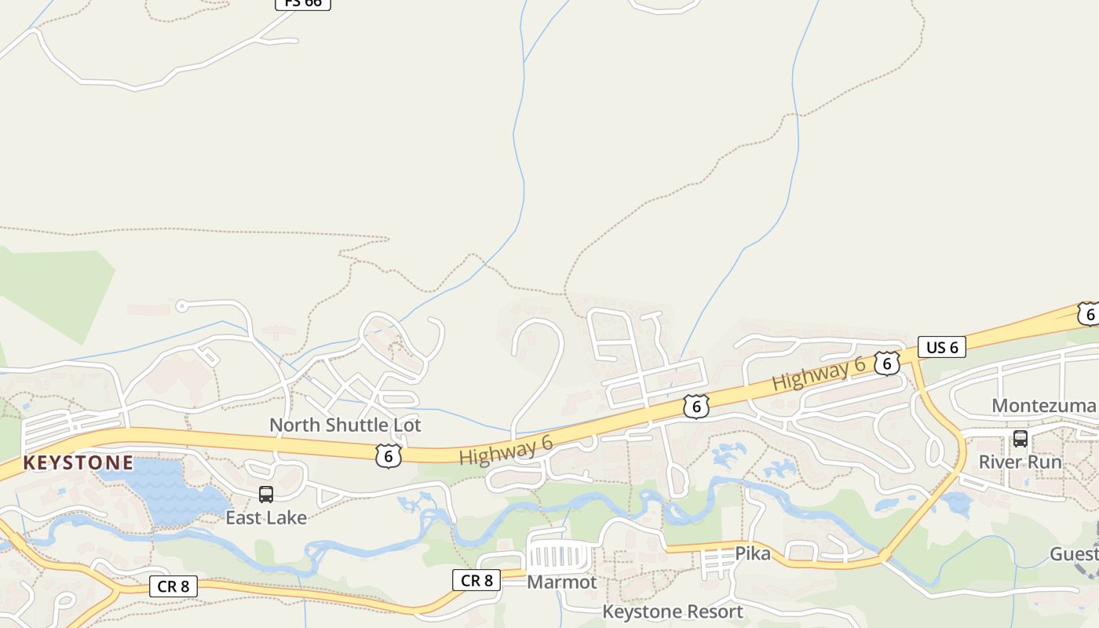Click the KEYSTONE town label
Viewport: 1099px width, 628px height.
point(78,462)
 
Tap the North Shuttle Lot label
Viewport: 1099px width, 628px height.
point(345,425)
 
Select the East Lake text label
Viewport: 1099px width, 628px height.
point(266,517)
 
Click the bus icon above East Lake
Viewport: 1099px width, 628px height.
point(266,495)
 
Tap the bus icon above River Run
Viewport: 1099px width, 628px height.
point(1020,439)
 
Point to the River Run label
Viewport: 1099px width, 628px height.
point(1020,462)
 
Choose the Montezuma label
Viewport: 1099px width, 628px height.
point(1043,405)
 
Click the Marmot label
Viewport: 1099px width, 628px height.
point(562,582)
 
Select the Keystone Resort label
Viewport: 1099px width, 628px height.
point(673,611)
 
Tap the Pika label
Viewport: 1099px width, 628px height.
point(753,553)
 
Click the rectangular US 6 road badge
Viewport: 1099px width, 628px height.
point(942,347)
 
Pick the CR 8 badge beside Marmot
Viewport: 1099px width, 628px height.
point(476,580)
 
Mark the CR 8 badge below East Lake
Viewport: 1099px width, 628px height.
point(173,586)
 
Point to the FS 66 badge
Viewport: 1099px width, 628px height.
point(303,3)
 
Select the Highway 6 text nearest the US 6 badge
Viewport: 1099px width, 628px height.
point(819,373)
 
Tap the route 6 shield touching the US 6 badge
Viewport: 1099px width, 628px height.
point(887,363)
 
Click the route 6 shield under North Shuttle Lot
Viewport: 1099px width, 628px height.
point(389,456)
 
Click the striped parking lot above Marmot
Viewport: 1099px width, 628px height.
point(559,557)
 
